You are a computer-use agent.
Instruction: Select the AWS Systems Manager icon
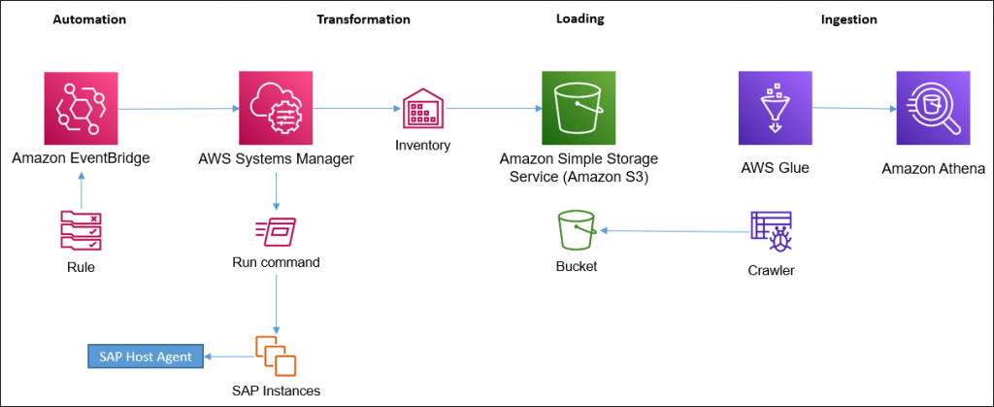[x=276, y=109]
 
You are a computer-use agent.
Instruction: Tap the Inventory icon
[x=423, y=110]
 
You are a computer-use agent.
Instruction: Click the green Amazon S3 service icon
[x=579, y=109]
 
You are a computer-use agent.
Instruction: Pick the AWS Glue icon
[x=774, y=109]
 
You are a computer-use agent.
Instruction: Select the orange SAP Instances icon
[x=276, y=356]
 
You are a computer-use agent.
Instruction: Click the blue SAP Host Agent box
[x=148, y=356]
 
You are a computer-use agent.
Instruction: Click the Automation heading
[x=88, y=18]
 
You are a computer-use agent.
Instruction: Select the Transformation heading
[x=363, y=18]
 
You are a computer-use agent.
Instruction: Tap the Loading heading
[x=580, y=18]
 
